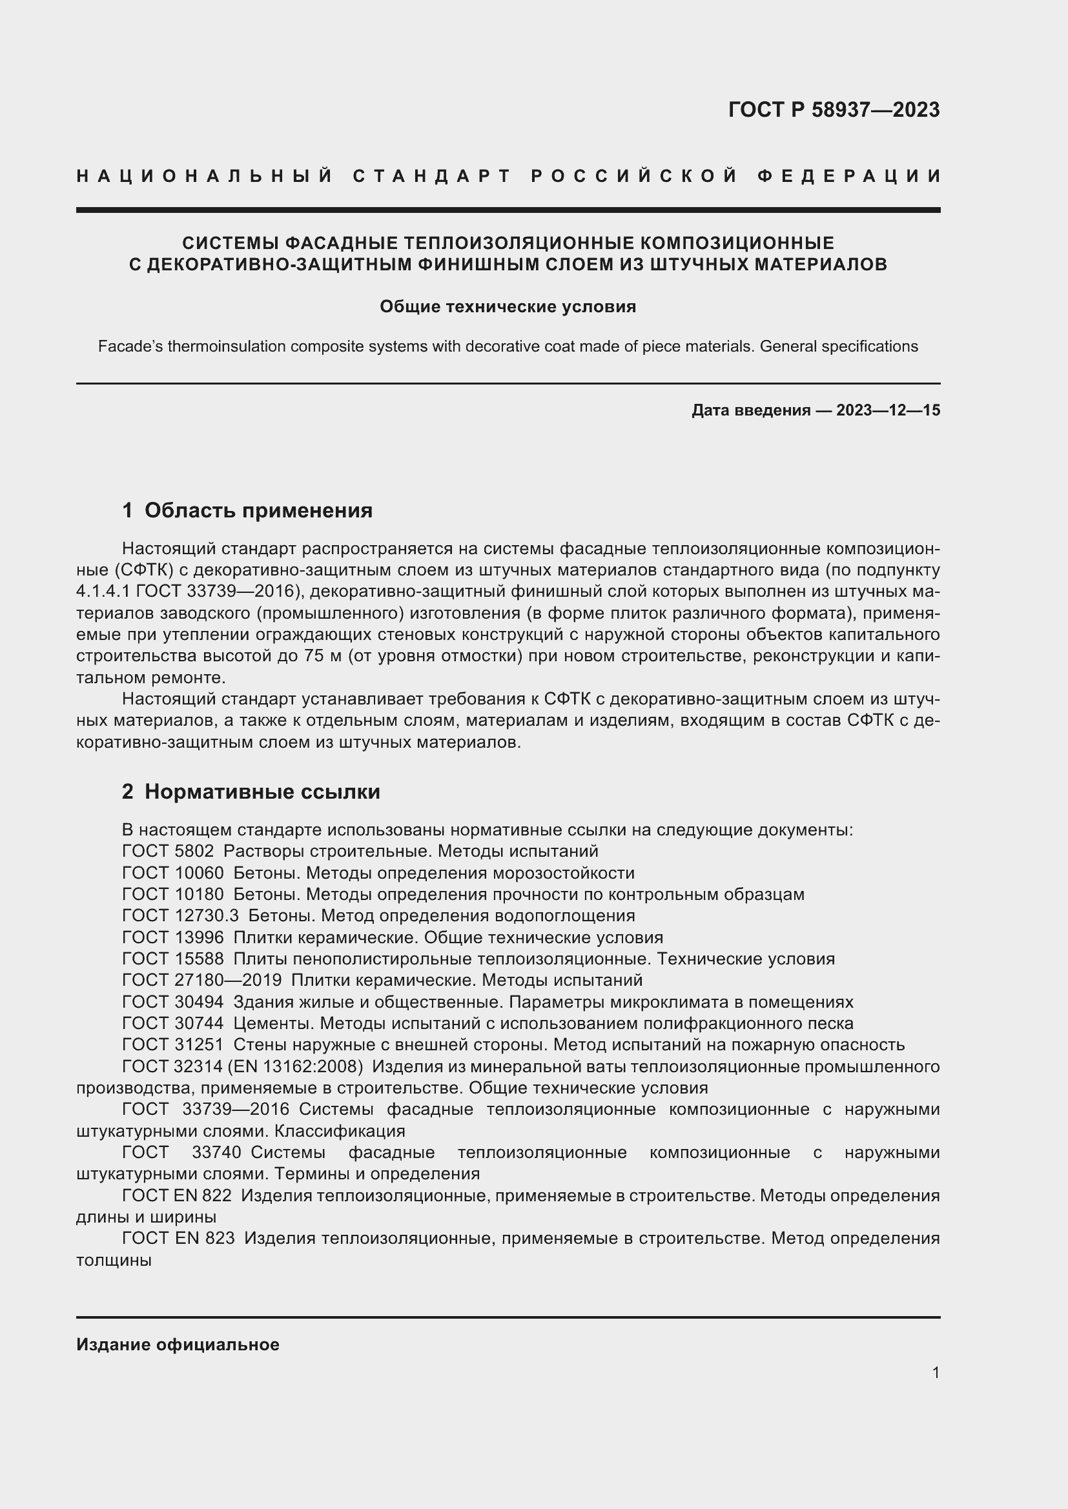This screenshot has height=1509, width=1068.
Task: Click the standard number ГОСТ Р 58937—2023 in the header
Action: point(833,110)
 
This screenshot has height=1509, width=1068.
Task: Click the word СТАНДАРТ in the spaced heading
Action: point(432,176)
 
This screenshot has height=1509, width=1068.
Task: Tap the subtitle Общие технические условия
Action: point(508,307)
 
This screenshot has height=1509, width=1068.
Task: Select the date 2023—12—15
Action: point(888,411)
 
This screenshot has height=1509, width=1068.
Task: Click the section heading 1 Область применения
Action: point(247,511)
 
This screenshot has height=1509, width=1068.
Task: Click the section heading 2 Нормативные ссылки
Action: point(251,792)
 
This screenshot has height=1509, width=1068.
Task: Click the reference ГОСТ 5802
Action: point(168,852)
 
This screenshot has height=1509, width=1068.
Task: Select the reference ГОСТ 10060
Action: point(172,874)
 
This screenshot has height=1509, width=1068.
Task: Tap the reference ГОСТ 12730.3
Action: point(180,916)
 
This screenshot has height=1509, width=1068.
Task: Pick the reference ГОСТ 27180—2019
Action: point(201,981)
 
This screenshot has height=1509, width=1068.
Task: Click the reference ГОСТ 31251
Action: point(172,1045)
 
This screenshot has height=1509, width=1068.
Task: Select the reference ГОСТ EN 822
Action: point(176,1196)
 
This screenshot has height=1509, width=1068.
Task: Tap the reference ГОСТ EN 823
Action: point(178,1239)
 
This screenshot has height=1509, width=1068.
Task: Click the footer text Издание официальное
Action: point(178,1344)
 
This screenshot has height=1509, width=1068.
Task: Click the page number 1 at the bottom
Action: point(935,1372)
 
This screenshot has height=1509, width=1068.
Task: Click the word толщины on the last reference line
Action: point(114,1261)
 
